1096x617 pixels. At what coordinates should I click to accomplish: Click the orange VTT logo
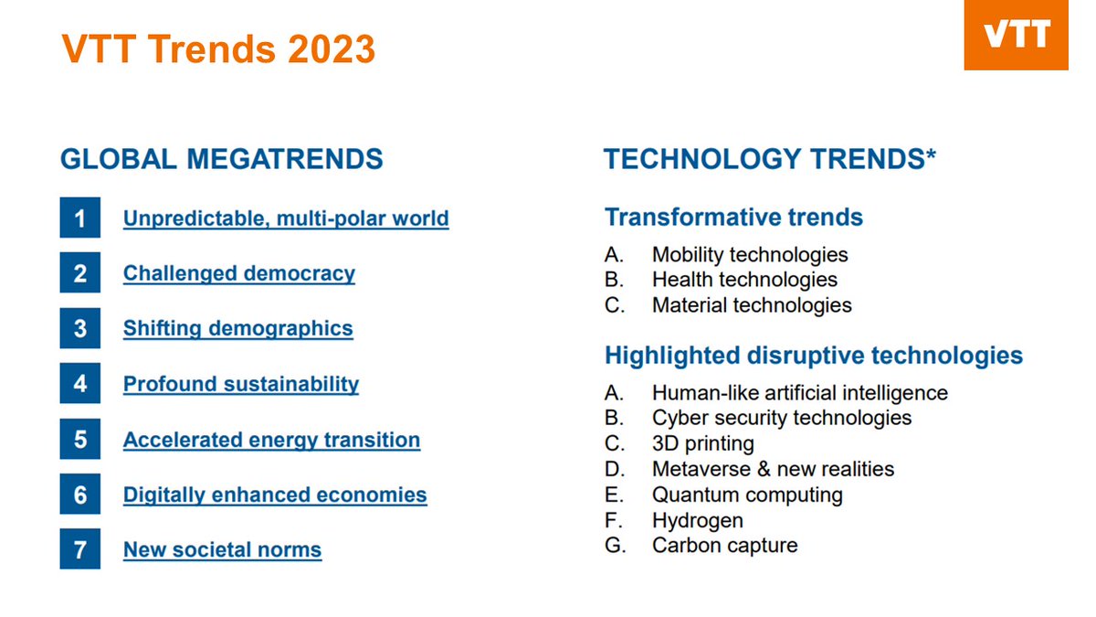pyautogui.click(x=1016, y=36)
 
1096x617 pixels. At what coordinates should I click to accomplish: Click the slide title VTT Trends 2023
pyautogui.click(x=218, y=48)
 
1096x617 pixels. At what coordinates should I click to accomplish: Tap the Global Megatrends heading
pyautogui.click(x=221, y=159)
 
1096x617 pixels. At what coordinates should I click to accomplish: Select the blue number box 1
pyautogui.click(x=80, y=219)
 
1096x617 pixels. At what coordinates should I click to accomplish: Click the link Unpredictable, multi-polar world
pyautogui.click(x=286, y=219)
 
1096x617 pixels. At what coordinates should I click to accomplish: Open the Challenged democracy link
pyautogui.click(x=239, y=274)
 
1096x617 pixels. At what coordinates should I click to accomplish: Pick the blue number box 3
pyautogui.click(x=80, y=329)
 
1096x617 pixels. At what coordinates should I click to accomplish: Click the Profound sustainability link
pyautogui.click(x=241, y=384)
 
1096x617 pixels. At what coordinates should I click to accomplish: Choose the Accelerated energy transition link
pyautogui.click(x=271, y=440)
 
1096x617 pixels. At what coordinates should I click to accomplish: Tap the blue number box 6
pyautogui.click(x=80, y=495)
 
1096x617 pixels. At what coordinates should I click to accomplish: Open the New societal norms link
pyautogui.click(x=222, y=550)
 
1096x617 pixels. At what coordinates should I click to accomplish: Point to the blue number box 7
pyautogui.click(x=80, y=550)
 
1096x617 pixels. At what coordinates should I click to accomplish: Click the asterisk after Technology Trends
pyautogui.click(x=931, y=155)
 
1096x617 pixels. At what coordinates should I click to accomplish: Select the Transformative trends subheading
pyautogui.click(x=733, y=218)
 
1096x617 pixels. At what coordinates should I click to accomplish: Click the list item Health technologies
pyautogui.click(x=744, y=280)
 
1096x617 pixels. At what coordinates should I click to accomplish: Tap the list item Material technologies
pyautogui.click(x=752, y=305)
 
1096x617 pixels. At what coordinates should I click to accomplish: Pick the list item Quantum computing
pyautogui.click(x=747, y=495)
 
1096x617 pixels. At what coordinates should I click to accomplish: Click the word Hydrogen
pyautogui.click(x=697, y=520)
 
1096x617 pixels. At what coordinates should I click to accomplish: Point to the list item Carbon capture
pyautogui.click(x=724, y=546)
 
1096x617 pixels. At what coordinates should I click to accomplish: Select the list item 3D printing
pyautogui.click(x=702, y=444)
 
